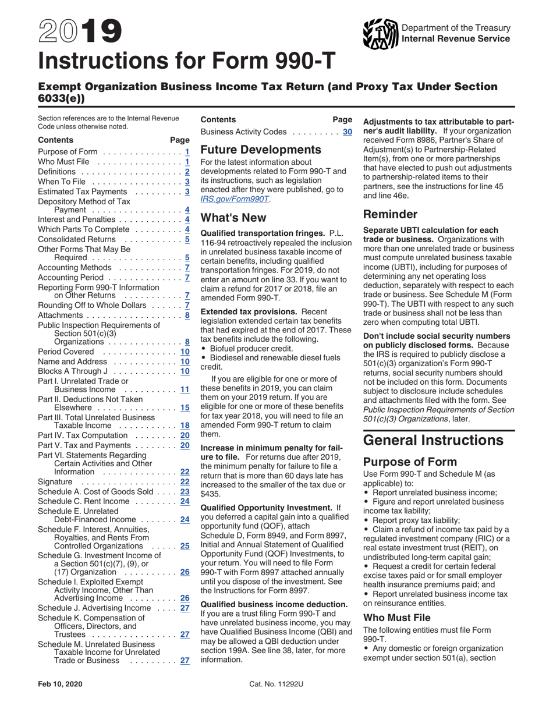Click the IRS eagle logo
coord(380,34)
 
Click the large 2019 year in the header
coord(80,32)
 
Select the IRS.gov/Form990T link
coord(235,199)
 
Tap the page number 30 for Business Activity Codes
coord(348,132)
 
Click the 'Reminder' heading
coord(389,214)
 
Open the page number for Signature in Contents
coord(185,481)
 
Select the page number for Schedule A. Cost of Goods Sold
coord(185,491)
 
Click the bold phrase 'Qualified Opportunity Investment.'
coord(266,508)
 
